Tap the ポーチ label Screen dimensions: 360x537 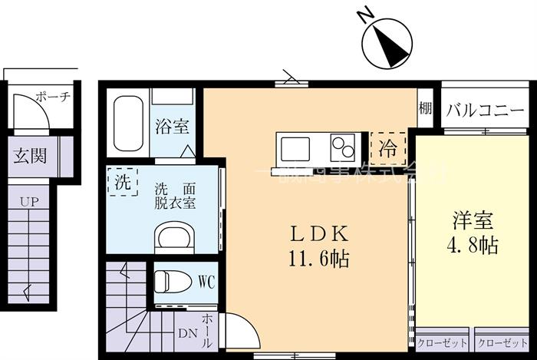[53, 97]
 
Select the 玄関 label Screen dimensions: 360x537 [30, 156]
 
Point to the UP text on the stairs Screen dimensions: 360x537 [29, 201]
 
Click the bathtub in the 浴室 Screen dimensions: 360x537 [128, 124]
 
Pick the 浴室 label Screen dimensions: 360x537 [172, 127]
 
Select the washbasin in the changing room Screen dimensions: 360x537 [176, 237]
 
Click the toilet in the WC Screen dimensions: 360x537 [173, 281]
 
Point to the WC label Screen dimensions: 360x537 [205, 282]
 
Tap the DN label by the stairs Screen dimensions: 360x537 [187, 333]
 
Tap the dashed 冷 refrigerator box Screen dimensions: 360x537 [388, 144]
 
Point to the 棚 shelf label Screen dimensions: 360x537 [424, 109]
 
